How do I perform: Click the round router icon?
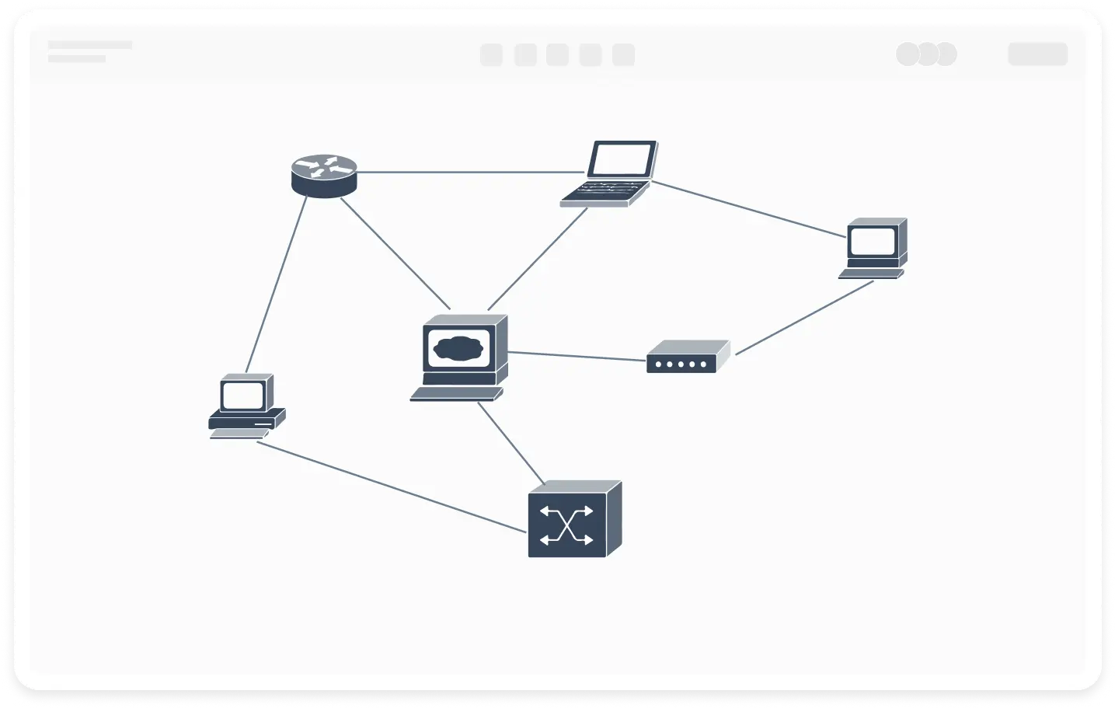coord(324,176)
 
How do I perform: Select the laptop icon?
coord(609,173)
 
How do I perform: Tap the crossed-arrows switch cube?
coord(573,519)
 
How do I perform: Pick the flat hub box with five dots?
coord(687,357)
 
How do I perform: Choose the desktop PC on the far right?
coord(874,247)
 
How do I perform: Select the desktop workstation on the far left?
coord(246,406)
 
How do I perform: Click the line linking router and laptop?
coord(470,172)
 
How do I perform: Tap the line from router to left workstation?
coord(277,284)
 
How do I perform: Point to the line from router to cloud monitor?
coord(395,253)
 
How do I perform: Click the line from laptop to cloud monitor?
coord(538,259)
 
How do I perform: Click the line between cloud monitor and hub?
coord(577,356)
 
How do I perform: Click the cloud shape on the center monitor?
coord(459,347)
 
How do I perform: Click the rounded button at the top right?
coord(1037,54)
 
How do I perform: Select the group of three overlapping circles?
coord(926,54)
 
